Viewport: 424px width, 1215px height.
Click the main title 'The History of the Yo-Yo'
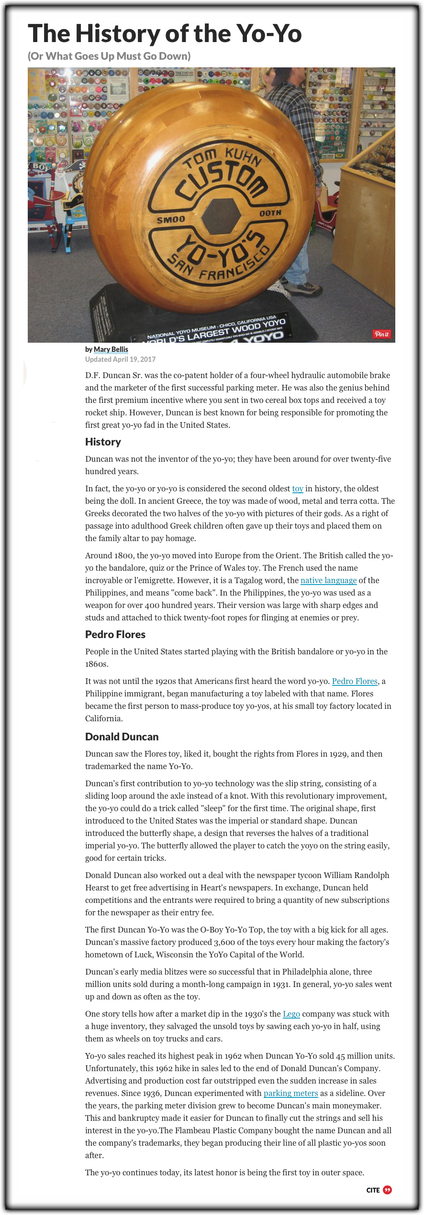[x=165, y=33]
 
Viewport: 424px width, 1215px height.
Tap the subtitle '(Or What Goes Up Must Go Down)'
[x=109, y=56]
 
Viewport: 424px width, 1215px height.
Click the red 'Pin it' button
[x=381, y=334]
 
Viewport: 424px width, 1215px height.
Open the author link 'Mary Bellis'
[x=111, y=349]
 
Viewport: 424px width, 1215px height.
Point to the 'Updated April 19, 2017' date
[x=120, y=359]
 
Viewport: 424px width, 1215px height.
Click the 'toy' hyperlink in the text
[x=298, y=488]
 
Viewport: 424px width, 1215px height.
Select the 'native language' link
[x=328, y=580]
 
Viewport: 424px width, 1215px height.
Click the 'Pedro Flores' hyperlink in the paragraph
[x=355, y=681]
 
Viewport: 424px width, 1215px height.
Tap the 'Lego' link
[x=291, y=1014]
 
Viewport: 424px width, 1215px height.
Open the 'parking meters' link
[x=290, y=1093]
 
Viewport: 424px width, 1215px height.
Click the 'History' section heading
[x=103, y=442]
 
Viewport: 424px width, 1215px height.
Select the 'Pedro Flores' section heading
[x=115, y=634]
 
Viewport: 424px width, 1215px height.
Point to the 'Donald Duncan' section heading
[x=122, y=737]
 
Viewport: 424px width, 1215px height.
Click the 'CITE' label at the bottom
[x=373, y=1190]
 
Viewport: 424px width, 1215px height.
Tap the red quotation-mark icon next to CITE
[x=388, y=1190]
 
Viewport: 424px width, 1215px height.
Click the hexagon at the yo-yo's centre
[x=220, y=216]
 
